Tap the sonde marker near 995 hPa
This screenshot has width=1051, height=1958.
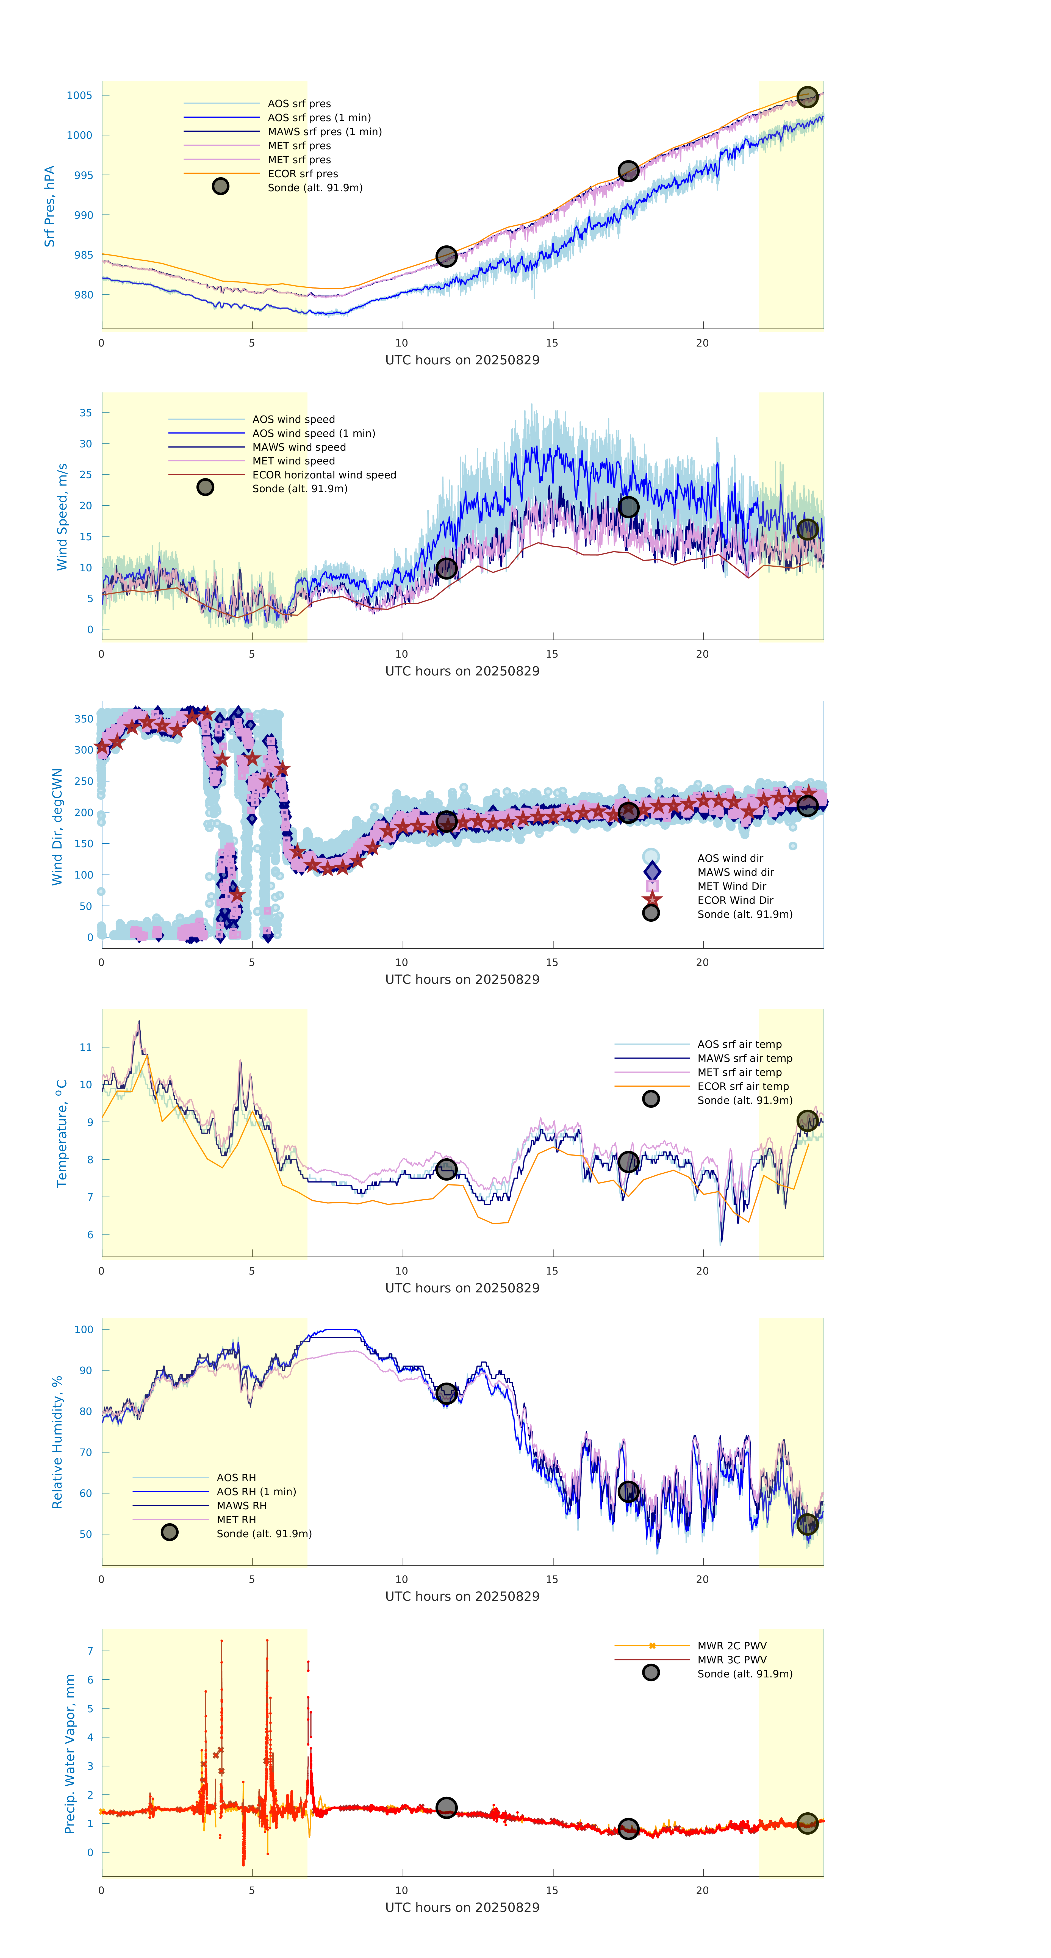(x=628, y=171)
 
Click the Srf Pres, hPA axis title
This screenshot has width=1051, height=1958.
(x=49, y=206)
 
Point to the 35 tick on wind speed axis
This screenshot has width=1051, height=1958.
(x=86, y=413)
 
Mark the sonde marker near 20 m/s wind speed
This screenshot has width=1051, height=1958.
(x=628, y=507)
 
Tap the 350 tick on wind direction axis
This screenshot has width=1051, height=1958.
(x=84, y=719)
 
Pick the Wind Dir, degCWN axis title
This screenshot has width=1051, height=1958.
(x=57, y=827)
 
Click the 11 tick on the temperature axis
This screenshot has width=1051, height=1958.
(x=86, y=1047)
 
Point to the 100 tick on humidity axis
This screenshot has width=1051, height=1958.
(x=84, y=1330)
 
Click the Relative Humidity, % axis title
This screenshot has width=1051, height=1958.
(x=57, y=1442)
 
